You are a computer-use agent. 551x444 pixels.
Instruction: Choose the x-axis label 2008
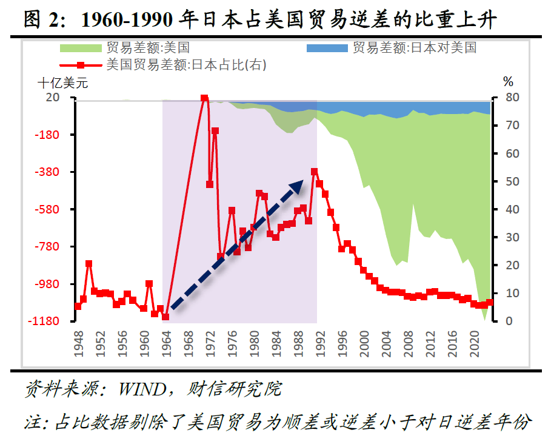(410, 343)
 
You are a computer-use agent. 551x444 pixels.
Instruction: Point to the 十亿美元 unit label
(63, 82)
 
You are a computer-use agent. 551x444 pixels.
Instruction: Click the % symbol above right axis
(508, 82)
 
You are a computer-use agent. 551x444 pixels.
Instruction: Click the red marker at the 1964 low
(165, 317)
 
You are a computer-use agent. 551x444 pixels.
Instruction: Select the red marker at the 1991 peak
(314, 172)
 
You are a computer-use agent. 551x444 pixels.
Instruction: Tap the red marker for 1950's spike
(88, 264)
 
